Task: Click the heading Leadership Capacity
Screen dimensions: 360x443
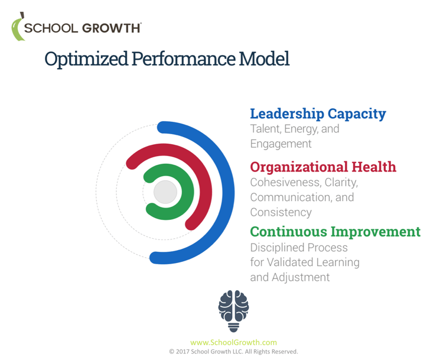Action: pyautogui.click(x=318, y=113)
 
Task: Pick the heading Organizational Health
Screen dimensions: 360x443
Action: pyautogui.click(x=323, y=167)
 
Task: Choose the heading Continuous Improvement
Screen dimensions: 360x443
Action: pyautogui.click(x=335, y=231)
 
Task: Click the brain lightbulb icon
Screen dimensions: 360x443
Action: pyautogui.click(x=234, y=310)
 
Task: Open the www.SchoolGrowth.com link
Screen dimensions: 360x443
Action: pyautogui.click(x=233, y=342)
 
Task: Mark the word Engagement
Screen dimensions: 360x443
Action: pyautogui.click(x=281, y=144)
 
